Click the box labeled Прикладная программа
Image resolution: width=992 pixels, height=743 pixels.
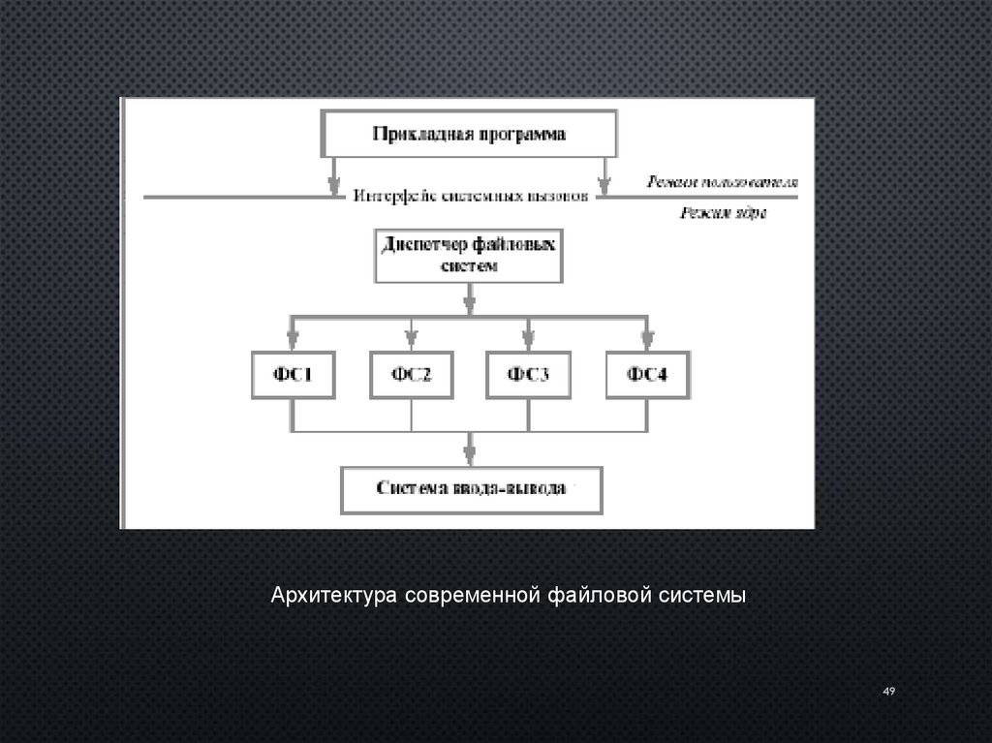pyautogui.click(x=469, y=135)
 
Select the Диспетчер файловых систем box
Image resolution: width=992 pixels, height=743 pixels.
pyautogui.click(x=468, y=255)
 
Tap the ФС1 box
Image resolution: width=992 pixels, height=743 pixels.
pyautogui.click(x=293, y=373)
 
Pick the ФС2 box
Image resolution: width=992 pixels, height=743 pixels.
pyautogui.click(x=412, y=373)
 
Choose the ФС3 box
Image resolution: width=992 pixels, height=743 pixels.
pyautogui.click(x=528, y=373)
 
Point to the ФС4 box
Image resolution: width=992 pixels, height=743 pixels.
pyautogui.click(x=646, y=373)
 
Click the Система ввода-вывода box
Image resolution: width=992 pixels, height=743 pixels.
pyautogui.click(x=471, y=489)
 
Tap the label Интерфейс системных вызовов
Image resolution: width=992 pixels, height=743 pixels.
pyautogui.click(x=470, y=195)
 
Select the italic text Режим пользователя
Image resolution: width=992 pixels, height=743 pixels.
pyautogui.click(x=722, y=181)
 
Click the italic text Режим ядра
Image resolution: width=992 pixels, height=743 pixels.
pyautogui.click(x=722, y=213)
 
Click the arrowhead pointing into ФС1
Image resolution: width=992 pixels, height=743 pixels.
pyautogui.click(x=293, y=339)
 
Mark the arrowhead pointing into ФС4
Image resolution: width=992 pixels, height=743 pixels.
pyautogui.click(x=646, y=339)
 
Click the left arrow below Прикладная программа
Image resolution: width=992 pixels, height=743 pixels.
pyautogui.click(x=334, y=178)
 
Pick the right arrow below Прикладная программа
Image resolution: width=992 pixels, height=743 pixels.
pyautogui.click(x=604, y=178)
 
